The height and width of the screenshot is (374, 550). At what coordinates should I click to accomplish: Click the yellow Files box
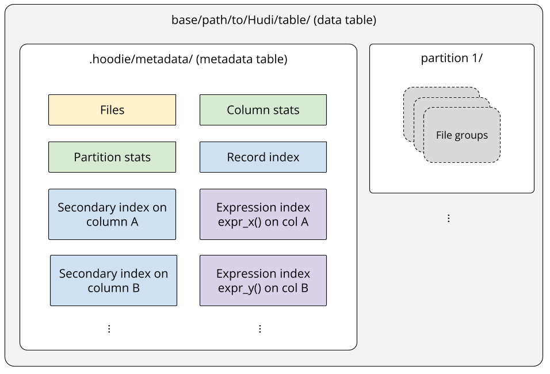tap(112, 110)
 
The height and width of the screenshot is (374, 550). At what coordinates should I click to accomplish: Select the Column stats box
tap(263, 110)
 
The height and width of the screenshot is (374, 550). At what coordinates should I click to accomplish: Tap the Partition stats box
tap(112, 157)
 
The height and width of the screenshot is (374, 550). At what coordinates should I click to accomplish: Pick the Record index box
tap(263, 157)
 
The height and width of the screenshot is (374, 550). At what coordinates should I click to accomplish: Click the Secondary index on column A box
tap(112, 214)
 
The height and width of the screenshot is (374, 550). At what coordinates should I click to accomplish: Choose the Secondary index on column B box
tap(113, 280)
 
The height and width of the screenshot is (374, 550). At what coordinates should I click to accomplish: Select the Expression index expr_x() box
tap(263, 214)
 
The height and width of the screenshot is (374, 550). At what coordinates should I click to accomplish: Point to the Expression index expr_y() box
tap(263, 280)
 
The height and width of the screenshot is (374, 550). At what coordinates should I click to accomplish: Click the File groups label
tap(461, 136)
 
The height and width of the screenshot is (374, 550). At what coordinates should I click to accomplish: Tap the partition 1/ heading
tap(452, 58)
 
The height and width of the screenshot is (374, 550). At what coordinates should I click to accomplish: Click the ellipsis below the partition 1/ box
tap(449, 218)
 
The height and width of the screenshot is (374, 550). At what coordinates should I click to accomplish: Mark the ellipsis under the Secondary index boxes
tap(109, 329)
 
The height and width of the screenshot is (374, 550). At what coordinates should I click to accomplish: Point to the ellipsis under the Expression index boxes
tap(260, 329)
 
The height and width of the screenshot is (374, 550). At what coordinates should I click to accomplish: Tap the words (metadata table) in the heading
tap(242, 59)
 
